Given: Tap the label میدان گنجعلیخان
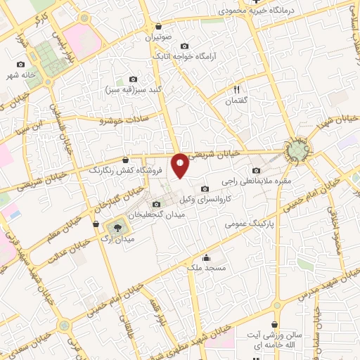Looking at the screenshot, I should click(155, 214).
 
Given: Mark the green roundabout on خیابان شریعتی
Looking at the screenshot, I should click(296, 151).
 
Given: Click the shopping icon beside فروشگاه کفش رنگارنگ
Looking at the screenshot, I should click(124, 160).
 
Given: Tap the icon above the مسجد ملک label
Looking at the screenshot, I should click(205, 257).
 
